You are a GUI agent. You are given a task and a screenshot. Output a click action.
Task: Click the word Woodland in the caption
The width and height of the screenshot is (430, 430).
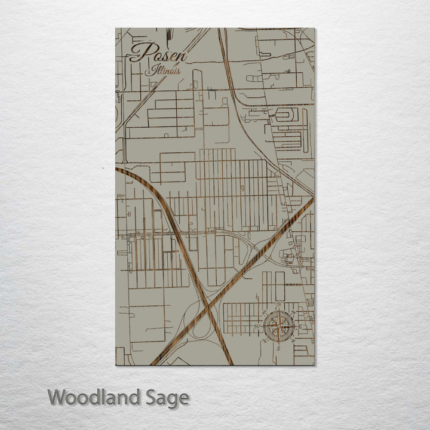pos(95,397)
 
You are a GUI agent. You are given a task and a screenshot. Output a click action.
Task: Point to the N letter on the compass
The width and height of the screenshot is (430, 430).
pos(279,306)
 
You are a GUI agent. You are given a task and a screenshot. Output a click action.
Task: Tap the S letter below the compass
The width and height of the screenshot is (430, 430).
pos(279,347)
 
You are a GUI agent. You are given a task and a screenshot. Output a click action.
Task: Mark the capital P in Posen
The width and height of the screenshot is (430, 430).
pos(139,53)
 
